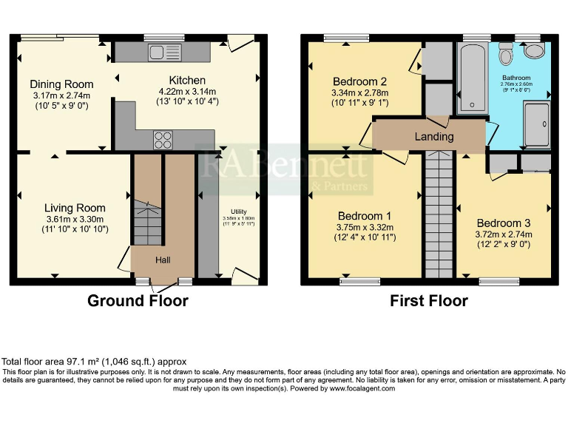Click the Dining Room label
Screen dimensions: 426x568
pos(62,84)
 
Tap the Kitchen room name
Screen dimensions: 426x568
pos(187,80)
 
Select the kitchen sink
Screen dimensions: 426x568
pos(160,52)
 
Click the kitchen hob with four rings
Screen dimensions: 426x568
pos(162,138)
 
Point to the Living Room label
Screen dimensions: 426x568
pos(74,208)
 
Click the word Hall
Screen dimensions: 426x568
pos(163,260)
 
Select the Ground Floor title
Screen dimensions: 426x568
pos(138,301)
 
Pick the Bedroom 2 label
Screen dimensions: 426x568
pos(360,81)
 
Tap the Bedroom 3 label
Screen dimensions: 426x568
pos(504,223)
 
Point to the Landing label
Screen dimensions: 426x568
pos(433,137)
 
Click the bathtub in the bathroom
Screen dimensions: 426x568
pos(470,78)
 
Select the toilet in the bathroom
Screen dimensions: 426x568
pos(507,53)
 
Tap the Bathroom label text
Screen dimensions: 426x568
pos(516,78)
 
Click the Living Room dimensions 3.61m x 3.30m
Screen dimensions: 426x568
pos(74,219)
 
